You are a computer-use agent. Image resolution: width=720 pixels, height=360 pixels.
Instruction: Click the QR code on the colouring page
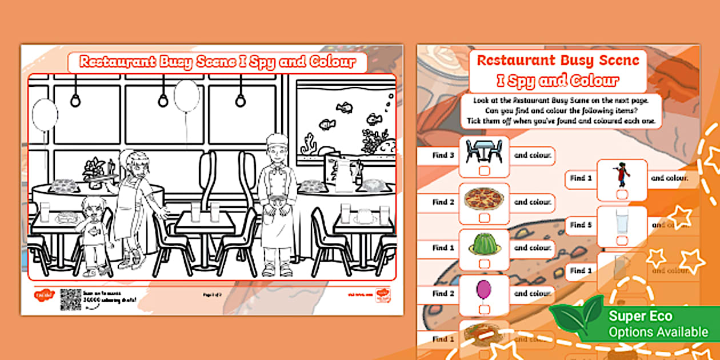pyautogui.click(x=71, y=299)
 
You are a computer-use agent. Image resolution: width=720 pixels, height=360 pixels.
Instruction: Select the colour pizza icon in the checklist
pyautogui.click(x=483, y=199)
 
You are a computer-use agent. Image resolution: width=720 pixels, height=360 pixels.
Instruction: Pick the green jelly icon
pyautogui.click(x=483, y=244)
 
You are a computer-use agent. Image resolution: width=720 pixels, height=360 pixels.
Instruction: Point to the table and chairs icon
pyautogui.click(x=483, y=151)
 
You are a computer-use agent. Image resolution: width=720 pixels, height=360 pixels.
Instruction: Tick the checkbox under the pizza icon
pyautogui.click(x=484, y=218)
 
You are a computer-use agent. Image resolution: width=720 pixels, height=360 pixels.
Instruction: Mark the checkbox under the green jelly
pyautogui.click(x=484, y=263)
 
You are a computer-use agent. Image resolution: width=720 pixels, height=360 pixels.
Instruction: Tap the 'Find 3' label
pyautogui.click(x=443, y=155)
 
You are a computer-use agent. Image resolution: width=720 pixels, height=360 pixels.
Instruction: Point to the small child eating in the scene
pyautogui.click(x=93, y=234)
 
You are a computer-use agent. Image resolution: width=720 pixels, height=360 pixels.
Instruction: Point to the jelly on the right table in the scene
pyautogui.click(x=364, y=216)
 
